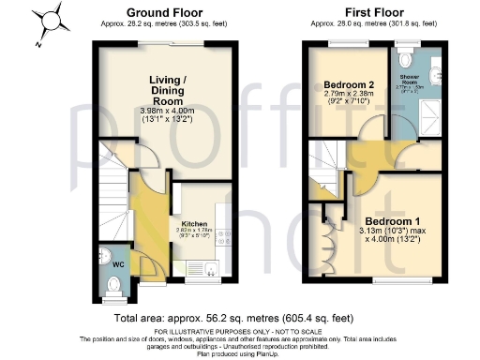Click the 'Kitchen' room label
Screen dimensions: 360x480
coord(194,224)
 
